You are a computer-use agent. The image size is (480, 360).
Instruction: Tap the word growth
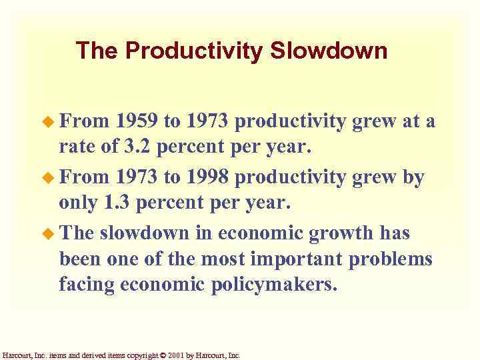(x=341, y=233)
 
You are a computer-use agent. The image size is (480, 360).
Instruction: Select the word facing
(x=87, y=285)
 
